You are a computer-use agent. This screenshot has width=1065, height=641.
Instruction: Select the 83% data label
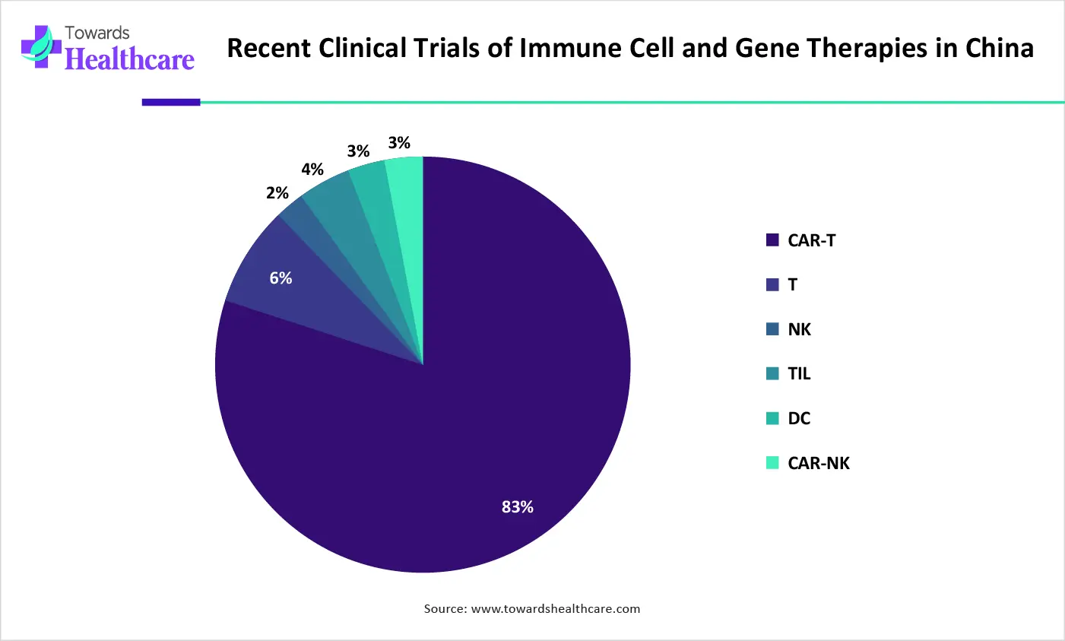click(517, 507)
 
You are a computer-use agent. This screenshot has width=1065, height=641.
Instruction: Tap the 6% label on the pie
click(281, 278)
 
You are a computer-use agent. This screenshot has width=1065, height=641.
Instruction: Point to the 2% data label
click(277, 193)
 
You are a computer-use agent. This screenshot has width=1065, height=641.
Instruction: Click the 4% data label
click(312, 170)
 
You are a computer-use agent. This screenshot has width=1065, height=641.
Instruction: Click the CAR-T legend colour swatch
click(772, 240)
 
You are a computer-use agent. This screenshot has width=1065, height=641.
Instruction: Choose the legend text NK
click(799, 329)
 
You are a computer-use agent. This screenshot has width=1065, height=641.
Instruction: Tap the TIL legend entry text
click(799, 373)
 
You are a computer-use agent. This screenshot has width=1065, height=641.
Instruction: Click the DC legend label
click(799, 418)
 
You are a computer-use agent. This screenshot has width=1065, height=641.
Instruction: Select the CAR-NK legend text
click(819, 463)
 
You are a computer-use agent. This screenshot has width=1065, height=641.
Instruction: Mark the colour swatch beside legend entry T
click(772, 285)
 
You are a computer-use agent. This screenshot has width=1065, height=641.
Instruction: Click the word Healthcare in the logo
click(129, 59)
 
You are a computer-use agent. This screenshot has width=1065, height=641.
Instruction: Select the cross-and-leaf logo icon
click(41, 47)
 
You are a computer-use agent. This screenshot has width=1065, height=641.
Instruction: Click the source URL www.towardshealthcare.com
click(555, 608)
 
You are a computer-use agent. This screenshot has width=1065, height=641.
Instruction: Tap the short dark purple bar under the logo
click(171, 102)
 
